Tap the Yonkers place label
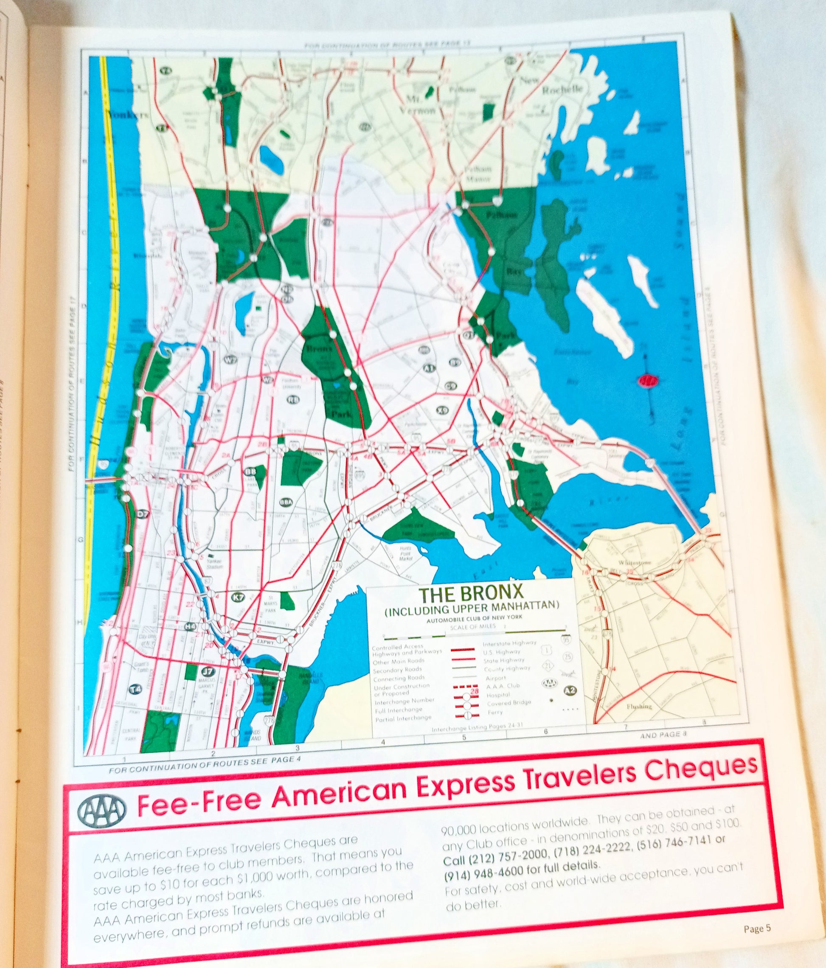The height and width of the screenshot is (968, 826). tap(125, 115)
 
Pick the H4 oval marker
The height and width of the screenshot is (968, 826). tap(190, 626)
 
